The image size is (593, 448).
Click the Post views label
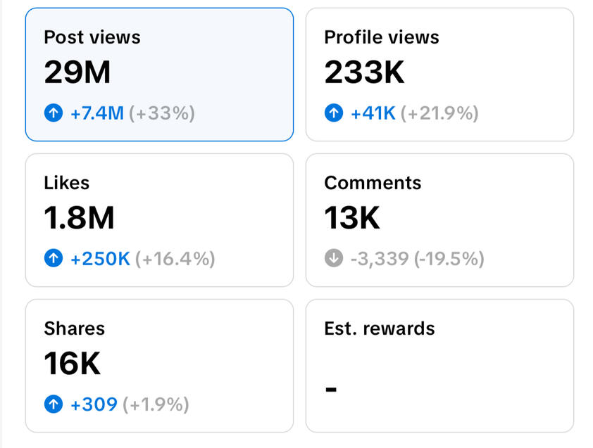pyautogui.click(x=92, y=37)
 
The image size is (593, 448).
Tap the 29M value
pyautogui.click(x=77, y=72)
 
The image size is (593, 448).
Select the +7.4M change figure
pyautogui.click(x=97, y=113)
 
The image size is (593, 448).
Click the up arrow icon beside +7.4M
pyautogui.click(x=54, y=113)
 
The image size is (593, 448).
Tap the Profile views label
pyautogui.click(x=381, y=37)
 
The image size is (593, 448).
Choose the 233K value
pyautogui.click(x=364, y=72)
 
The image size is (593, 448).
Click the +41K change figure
pyautogui.click(x=373, y=113)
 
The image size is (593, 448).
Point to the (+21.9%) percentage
pyautogui.click(x=439, y=113)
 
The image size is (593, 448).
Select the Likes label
pyautogui.click(x=67, y=183)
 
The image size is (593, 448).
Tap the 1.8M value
pyautogui.click(x=79, y=218)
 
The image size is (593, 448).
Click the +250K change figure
pyautogui.click(x=101, y=259)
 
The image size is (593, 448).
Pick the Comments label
pyautogui.click(x=373, y=183)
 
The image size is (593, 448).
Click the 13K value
pyautogui.click(x=352, y=218)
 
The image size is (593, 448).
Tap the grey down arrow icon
pyautogui.click(x=334, y=259)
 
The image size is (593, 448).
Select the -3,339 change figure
pyautogui.click(x=380, y=259)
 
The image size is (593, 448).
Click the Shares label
pyautogui.click(x=74, y=328)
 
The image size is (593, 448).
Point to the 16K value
pyautogui.click(x=73, y=364)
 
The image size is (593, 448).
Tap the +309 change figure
pyautogui.click(x=94, y=404)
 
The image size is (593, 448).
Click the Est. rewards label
pyautogui.click(x=380, y=328)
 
